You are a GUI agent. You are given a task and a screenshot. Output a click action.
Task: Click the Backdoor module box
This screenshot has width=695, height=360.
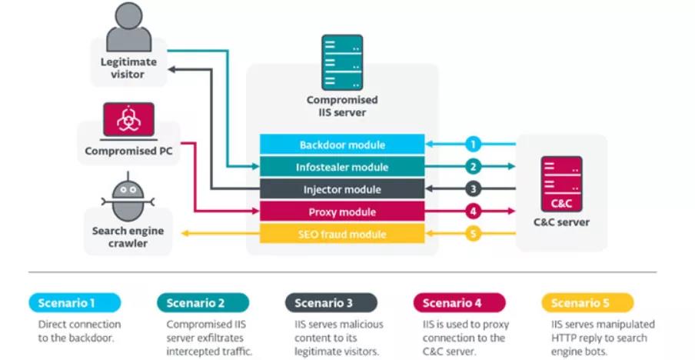[x=342, y=145]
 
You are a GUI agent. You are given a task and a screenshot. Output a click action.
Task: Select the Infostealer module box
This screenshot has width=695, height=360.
[x=342, y=167]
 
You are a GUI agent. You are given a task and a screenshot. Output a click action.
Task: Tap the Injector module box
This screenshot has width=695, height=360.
[x=342, y=189]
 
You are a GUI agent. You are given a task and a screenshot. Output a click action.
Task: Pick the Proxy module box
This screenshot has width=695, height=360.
[x=342, y=212]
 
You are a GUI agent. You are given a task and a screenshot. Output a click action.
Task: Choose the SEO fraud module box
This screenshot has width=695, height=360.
[x=342, y=234]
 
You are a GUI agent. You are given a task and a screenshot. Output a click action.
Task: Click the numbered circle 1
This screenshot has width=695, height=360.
[x=474, y=144]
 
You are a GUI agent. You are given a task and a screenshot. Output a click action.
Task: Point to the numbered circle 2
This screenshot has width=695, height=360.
[x=474, y=166]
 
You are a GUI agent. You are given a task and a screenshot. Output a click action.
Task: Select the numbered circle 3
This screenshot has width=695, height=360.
[x=474, y=188]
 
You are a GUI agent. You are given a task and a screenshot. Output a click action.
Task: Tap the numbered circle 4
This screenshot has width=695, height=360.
[x=474, y=211]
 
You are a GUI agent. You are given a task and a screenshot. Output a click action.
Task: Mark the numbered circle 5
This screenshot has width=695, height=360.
[x=474, y=233]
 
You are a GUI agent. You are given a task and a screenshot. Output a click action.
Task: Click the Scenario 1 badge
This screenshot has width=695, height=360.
[x=75, y=302]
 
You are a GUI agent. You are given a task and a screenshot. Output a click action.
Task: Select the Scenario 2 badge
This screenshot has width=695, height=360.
[x=203, y=302]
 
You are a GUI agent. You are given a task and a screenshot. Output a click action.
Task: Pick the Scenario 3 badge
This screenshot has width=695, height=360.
[x=331, y=302]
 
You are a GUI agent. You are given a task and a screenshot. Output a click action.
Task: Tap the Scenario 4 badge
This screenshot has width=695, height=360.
[x=459, y=302]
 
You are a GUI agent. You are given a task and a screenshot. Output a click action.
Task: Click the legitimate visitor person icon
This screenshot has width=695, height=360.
[x=128, y=28]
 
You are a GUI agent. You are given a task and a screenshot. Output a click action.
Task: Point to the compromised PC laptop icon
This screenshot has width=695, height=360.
[x=128, y=119]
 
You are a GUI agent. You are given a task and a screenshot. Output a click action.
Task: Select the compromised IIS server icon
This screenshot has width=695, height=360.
[x=342, y=62]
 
